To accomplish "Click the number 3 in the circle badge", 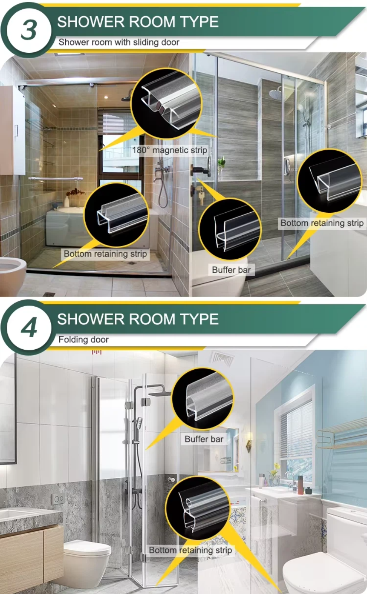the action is coord(29,30).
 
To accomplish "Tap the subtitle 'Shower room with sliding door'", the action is coord(119,42).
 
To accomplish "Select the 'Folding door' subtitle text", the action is coord(83,340).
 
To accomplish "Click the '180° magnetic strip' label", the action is coord(169,150).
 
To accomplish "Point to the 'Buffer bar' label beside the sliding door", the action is coord(231,270).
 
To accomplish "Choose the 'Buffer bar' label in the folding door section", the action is coord(204,439).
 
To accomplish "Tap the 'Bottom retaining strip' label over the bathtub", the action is coord(105,254).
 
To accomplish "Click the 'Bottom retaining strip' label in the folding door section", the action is coord(191,550).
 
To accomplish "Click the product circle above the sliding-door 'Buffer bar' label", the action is coord(230,229).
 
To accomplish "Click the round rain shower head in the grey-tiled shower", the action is coord(275,94).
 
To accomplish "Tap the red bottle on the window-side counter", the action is coord(300,485).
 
